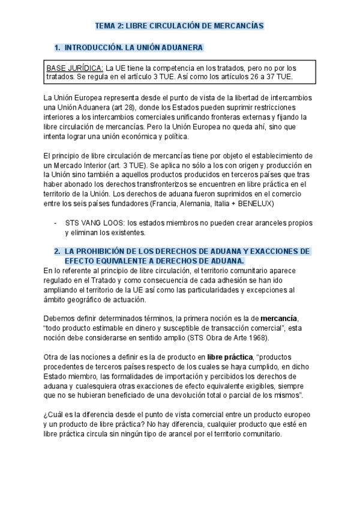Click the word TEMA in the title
point(106,26)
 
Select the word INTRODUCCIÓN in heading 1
point(93,47)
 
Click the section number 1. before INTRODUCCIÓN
point(58,47)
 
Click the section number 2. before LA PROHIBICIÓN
point(58,251)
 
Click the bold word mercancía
point(278,318)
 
